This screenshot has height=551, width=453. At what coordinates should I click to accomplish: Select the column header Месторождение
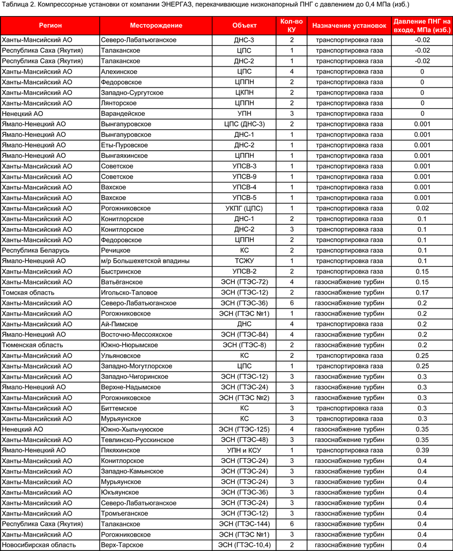pyautogui.click(x=156, y=25)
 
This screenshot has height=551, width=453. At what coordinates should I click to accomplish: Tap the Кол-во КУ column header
pyautogui.click(x=292, y=25)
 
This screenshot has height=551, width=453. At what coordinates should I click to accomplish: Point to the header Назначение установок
pyautogui.click(x=350, y=25)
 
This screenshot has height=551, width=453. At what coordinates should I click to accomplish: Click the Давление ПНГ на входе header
pyautogui.click(x=422, y=25)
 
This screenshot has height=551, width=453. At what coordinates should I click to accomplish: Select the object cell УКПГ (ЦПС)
pyautogui.click(x=244, y=208)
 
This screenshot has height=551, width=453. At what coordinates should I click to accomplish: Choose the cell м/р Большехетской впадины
pyautogui.click(x=143, y=261)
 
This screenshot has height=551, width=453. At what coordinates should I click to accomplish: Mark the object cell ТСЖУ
pyautogui.click(x=244, y=261)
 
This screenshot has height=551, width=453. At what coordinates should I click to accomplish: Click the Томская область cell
pyautogui.click(x=28, y=292)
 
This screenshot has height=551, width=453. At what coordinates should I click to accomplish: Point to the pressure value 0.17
pyautogui.click(x=422, y=292)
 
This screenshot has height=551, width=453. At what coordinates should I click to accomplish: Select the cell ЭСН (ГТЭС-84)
pyautogui.click(x=244, y=334)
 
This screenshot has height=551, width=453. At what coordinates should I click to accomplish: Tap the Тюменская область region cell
pyautogui.click(x=32, y=345)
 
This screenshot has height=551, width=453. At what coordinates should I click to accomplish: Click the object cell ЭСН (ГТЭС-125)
pyautogui.click(x=244, y=429)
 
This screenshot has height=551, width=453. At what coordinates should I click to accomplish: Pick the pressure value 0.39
pyautogui.click(x=422, y=450)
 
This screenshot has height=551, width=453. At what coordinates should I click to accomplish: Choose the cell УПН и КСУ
pyautogui.click(x=244, y=450)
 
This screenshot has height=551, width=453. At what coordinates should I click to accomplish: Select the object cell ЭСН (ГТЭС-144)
pyautogui.click(x=244, y=524)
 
